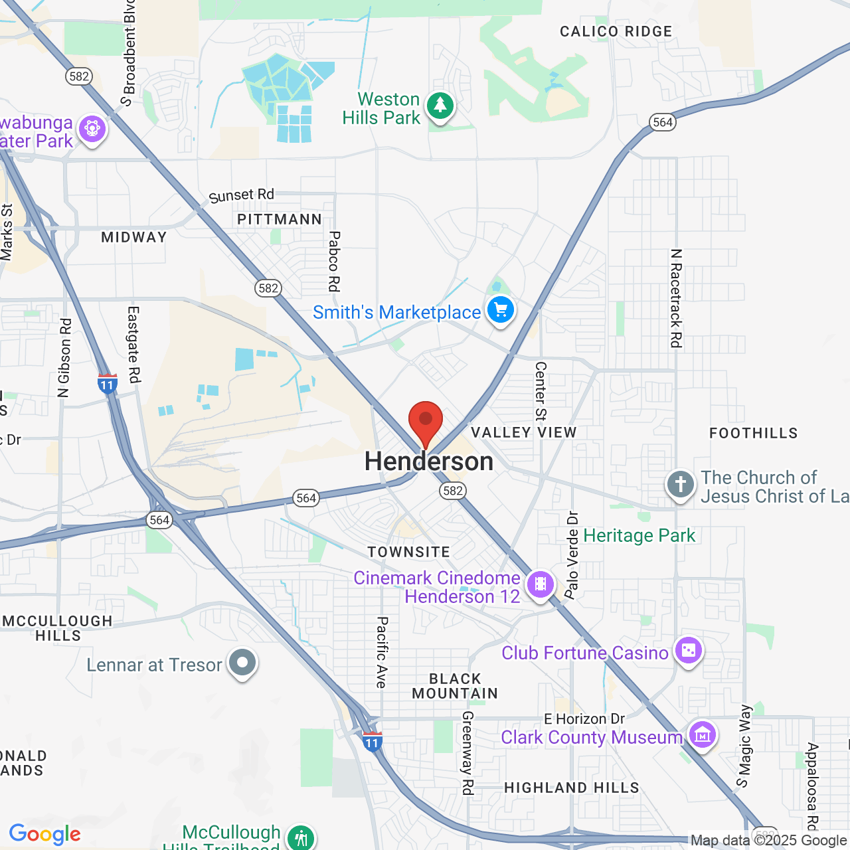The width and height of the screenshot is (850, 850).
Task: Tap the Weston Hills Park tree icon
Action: (440, 106)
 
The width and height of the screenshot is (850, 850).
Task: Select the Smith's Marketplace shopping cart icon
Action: (501, 309)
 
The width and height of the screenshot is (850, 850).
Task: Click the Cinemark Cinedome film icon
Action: (541, 584)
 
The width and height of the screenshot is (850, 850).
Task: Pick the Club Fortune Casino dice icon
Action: (688, 650)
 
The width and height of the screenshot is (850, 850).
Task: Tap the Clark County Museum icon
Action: (702, 734)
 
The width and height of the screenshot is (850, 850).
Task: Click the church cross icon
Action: (680, 484)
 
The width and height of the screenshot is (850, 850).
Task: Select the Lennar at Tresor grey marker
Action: (242, 662)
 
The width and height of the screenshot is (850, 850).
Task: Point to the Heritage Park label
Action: (639, 536)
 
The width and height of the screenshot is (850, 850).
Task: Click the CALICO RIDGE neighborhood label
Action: (616, 32)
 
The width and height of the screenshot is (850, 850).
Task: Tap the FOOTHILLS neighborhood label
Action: (753, 434)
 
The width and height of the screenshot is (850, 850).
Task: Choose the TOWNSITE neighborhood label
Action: (408, 552)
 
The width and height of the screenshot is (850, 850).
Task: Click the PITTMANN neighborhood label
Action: (280, 219)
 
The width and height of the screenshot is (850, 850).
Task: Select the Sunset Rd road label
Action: (241, 196)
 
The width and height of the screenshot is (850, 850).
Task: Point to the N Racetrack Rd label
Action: (676, 298)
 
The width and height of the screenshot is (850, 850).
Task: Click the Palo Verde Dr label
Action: (572, 554)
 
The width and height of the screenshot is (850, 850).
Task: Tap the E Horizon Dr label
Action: (584, 719)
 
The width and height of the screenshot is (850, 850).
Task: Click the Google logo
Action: (45, 834)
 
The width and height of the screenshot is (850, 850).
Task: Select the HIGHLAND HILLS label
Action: (572, 788)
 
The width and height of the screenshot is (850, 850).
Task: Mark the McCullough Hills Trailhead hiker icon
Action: (301, 837)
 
